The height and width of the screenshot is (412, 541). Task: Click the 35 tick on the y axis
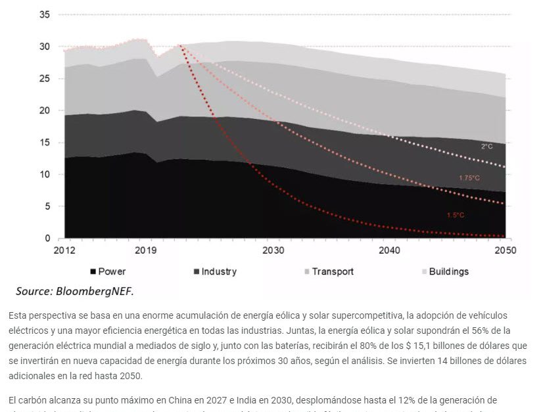44,14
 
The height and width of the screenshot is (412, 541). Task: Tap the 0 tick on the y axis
47,239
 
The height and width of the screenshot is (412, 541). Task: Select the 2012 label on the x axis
64,251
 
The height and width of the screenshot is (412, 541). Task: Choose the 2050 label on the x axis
505,251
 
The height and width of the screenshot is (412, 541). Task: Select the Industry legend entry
219,271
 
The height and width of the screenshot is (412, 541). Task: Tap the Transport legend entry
333,271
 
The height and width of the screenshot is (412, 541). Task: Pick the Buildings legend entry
449,271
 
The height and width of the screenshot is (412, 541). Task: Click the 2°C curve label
486,147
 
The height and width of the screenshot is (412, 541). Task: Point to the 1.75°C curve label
469,178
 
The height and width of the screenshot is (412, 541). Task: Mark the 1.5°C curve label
456,215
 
